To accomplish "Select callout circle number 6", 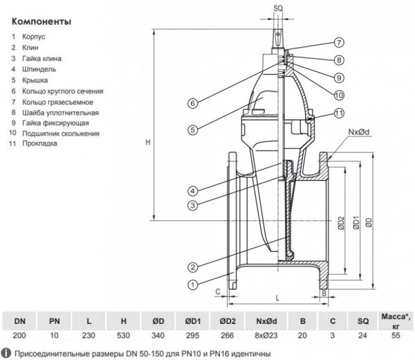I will tap(193, 104).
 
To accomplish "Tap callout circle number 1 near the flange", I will tap(193, 282).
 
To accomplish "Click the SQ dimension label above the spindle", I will tap(279, 7).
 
